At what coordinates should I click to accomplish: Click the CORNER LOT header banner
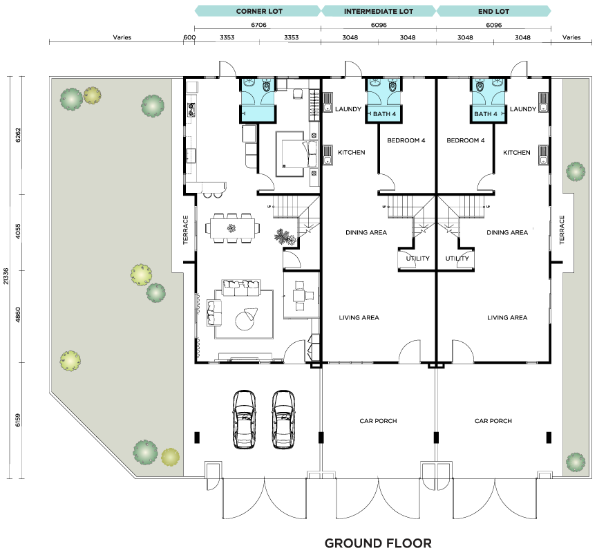tap(258, 11)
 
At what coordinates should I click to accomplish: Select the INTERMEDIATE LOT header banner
tap(379, 11)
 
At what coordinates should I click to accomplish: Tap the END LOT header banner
tap(493, 11)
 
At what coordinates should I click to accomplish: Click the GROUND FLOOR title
tap(378, 543)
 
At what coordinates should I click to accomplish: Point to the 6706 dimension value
tap(258, 25)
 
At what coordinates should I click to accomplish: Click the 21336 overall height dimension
tap(6, 276)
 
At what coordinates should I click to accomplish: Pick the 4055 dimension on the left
tap(18, 232)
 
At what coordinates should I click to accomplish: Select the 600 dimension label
tap(189, 37)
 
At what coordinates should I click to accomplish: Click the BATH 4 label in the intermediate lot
tap(384, 114)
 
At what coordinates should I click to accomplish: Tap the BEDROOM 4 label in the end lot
tap(465, 140)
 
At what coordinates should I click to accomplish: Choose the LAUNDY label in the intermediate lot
tap(348, 109)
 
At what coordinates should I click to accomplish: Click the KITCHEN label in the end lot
tap(516, 152)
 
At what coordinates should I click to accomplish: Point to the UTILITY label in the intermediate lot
tap(417, 259)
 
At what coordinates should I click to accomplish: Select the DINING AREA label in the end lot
tap(507, 232)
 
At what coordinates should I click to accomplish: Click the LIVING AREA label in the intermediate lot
tap(359, 317)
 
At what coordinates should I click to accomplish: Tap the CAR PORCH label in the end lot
tap(493, 421)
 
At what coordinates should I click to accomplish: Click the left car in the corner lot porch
tap(244, 419)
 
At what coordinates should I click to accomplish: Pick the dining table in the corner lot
tap(233, 228)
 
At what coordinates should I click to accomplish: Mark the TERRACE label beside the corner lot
tap(185, 229)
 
